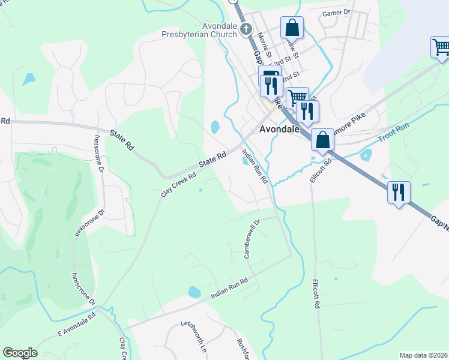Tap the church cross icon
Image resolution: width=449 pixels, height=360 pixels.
(x=245, y=28)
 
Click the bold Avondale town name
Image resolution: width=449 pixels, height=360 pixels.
(x=279, y=129)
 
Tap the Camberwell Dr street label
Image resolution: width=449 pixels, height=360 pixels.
(x=252, y=239)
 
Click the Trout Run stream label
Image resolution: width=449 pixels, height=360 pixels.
(x=394, y=133)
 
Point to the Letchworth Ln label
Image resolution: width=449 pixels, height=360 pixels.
(x=194, y=336)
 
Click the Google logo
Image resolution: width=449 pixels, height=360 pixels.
(x=20, y=353)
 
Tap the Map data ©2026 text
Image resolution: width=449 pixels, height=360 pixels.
(x=424, y=355)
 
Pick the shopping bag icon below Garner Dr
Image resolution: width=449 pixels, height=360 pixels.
(x=292, y=28)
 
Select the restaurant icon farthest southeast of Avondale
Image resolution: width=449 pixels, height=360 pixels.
(x=399, y=193)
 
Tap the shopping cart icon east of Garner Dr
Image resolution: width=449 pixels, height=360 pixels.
(x=441, y=47)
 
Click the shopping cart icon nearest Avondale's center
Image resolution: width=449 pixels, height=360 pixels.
(x=297, y=98)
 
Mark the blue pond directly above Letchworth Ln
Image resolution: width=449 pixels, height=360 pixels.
(x=194, y=292)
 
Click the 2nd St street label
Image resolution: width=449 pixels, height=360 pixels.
(x=291, y=77)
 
